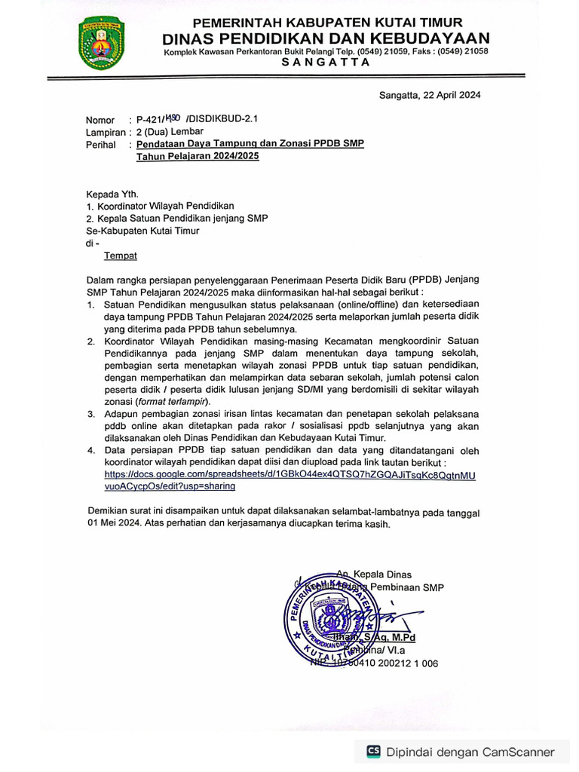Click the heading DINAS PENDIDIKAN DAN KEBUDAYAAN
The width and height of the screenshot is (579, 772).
326,38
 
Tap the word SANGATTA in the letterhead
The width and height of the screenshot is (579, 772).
326,63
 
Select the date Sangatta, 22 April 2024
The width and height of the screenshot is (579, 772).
429,95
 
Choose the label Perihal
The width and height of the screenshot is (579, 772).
101,144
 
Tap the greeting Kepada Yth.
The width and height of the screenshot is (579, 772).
112,193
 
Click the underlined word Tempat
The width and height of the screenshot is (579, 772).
120,256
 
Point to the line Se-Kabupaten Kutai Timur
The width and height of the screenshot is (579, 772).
142,231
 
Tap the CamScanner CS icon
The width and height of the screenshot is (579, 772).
373,751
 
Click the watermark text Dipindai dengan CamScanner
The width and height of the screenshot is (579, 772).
470,752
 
